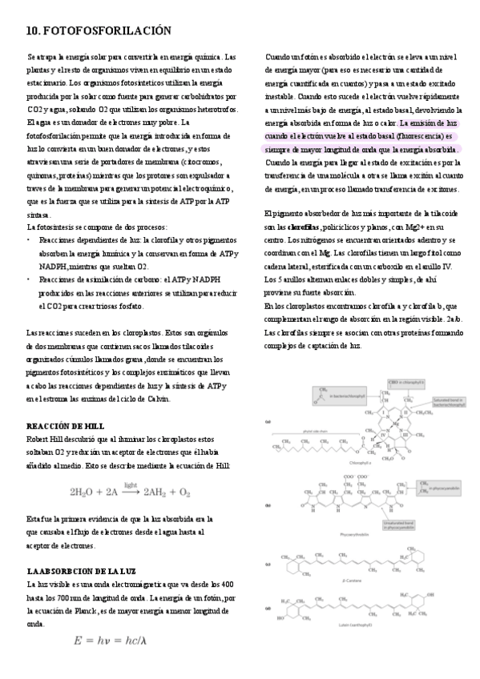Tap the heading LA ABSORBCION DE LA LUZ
[80, 572]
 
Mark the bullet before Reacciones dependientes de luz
[30, 240]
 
